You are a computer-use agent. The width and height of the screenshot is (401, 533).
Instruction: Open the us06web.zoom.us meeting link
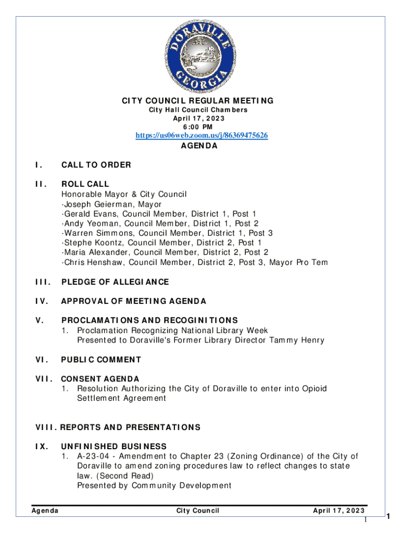pyautogui.click(x=202, y=136)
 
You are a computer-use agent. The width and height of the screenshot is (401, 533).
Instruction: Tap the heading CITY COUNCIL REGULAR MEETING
pyautogui.click(x=198, y=100)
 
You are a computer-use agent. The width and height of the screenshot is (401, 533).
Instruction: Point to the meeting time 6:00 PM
pyautogui.click(x=198, y=127)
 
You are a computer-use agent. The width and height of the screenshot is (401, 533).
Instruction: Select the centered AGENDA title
pyautogui.click(x=199, y=146)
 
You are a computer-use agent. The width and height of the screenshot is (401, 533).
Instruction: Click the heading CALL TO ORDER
pyautogui.click(x=96, y=165)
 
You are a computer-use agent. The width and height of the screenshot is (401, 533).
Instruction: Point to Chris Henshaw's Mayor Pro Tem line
pyautogui.click(x=195, y=262)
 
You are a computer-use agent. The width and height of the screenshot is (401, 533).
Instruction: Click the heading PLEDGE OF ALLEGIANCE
pyautogui.click(x=115, y=282)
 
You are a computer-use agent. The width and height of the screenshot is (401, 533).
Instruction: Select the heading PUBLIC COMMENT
pyautogui.click(x=101, y=359)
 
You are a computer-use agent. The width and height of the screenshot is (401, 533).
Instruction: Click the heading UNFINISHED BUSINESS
pyautogui.click(x=114, y=446)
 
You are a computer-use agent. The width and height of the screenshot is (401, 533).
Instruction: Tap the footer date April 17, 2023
pyautogui.click(x=339, y=511)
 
